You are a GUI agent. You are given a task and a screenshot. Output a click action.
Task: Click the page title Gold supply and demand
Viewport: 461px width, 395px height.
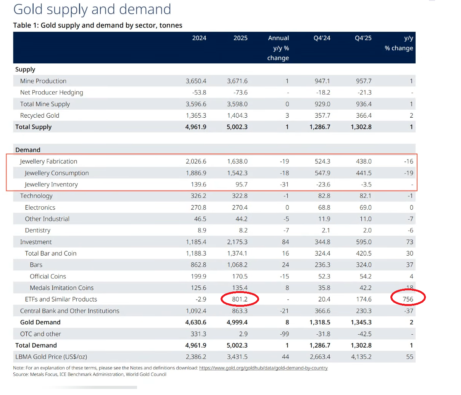click(92, 9)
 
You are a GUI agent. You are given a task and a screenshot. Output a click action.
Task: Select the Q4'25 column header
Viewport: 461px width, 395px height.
click(363, 38)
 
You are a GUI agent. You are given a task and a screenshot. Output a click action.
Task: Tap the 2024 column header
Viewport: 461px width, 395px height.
click(199, 38)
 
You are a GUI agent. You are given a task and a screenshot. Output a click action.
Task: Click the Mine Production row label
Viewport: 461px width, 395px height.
click(43, 81)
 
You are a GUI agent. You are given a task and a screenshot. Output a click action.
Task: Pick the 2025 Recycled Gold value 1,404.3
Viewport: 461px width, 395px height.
click(237, 115)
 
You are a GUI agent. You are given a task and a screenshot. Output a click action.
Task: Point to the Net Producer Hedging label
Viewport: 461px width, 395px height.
click(52, 92)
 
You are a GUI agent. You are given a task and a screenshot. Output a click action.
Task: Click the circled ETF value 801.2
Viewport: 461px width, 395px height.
click(240, 299)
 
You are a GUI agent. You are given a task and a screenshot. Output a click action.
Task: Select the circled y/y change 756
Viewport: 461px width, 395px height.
click(408, 299)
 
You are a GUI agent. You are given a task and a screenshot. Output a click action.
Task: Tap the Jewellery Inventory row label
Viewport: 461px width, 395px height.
click(51, 185)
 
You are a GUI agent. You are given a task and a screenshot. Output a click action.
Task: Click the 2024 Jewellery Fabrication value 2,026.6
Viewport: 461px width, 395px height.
click(196, 161)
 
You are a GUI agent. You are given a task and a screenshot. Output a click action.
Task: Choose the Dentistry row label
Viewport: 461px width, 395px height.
click(37, 230)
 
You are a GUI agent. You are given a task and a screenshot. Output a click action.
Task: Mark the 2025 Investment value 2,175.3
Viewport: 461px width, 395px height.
click(237, 242)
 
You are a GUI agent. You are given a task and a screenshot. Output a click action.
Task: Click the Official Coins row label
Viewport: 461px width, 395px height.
click(48, 276)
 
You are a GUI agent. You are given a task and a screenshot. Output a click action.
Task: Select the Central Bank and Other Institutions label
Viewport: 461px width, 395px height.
click(69, 311)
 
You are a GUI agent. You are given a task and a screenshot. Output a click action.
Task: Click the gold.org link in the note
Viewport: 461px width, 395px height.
click(263, 368)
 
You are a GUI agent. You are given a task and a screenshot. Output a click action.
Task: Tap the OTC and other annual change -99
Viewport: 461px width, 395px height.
click(284, 334)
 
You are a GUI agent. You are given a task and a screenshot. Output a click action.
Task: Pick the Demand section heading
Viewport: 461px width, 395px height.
click(28, 150)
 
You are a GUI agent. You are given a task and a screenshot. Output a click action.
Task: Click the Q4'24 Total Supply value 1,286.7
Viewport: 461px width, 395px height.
click(320, 127)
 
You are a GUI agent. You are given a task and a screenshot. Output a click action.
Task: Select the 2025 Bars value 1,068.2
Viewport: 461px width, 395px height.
click(237, 265)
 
